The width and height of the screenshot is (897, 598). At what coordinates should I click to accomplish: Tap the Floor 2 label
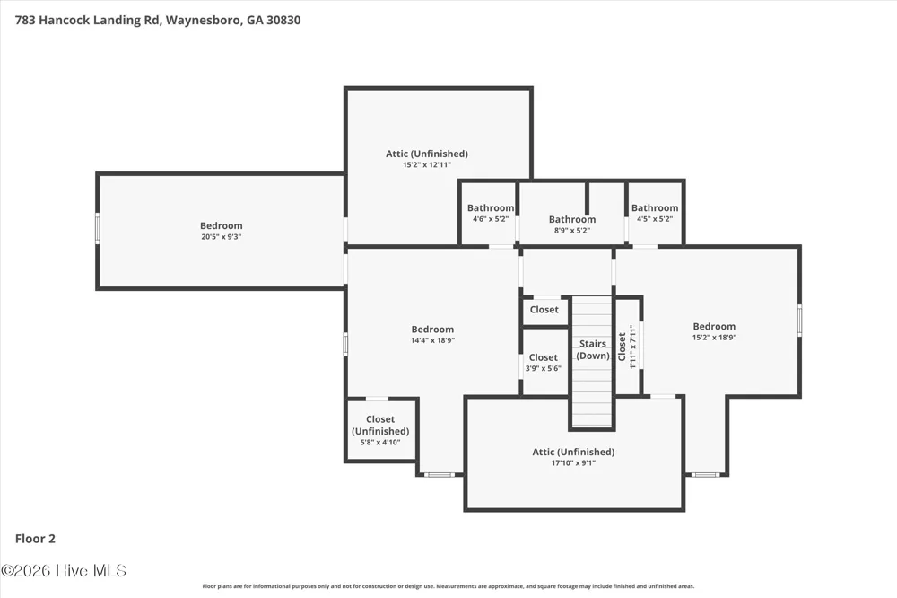coord(35,539)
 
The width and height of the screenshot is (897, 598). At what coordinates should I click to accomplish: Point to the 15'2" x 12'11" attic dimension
coord(427,165)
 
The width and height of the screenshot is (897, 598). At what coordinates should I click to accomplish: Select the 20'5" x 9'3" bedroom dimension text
coord(221,236)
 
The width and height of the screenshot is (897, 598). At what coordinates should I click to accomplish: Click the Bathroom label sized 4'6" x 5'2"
coord(491,208)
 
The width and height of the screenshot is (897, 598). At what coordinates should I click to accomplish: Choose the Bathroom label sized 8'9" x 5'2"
coord(572,219)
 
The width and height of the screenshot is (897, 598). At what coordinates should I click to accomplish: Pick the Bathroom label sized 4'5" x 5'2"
coord(655,208)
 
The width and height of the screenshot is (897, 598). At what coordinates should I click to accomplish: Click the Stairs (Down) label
coord(593,349)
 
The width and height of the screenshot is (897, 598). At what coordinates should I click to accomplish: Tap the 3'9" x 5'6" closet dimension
coord(543,368)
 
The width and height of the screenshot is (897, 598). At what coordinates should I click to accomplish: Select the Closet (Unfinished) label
coord(380,425)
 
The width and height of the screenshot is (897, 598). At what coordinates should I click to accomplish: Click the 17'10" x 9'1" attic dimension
coord(573,462)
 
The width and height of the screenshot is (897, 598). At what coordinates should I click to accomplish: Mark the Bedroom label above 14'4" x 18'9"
coord(432,330)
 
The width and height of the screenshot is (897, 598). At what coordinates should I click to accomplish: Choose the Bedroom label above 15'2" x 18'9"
coord(714,327)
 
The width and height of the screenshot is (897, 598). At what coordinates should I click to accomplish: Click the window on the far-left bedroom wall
coord(98,229)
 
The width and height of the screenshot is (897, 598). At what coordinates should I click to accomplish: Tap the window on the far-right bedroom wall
coord(800,321)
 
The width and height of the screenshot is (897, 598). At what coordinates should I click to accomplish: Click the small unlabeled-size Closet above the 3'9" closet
coord(544,310)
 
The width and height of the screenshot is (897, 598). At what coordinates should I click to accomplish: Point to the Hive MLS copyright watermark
coord(64,570)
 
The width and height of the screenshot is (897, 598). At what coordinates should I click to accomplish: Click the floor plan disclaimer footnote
coord(448,586)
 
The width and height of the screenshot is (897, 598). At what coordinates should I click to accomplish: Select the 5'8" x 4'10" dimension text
coord(380,442)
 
